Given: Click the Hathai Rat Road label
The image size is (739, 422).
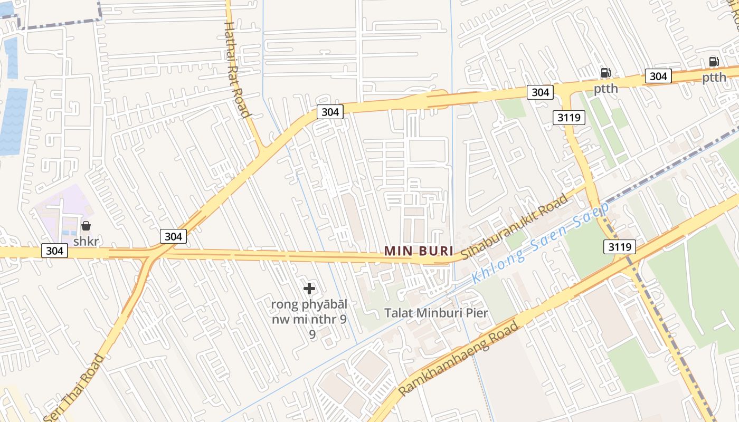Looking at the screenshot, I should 236,69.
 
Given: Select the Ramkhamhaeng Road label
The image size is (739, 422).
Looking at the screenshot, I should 458,359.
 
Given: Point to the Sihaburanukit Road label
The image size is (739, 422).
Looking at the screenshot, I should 515,226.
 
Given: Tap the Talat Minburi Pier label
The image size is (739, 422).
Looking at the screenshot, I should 436,312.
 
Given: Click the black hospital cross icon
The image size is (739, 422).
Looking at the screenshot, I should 309,289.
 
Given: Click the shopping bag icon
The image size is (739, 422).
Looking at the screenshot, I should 86,226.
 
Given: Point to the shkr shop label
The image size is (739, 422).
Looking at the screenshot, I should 86,242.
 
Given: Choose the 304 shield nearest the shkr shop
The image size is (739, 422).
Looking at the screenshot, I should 55,251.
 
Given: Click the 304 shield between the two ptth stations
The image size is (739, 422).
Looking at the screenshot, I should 658,76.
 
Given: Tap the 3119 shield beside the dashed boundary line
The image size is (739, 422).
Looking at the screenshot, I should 619,246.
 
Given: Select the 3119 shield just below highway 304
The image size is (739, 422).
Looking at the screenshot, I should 570,117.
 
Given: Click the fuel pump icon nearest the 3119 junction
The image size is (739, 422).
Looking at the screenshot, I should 605,73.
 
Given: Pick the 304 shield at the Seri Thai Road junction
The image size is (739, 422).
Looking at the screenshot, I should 173,236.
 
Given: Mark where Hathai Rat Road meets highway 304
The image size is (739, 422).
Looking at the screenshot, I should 261,150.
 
